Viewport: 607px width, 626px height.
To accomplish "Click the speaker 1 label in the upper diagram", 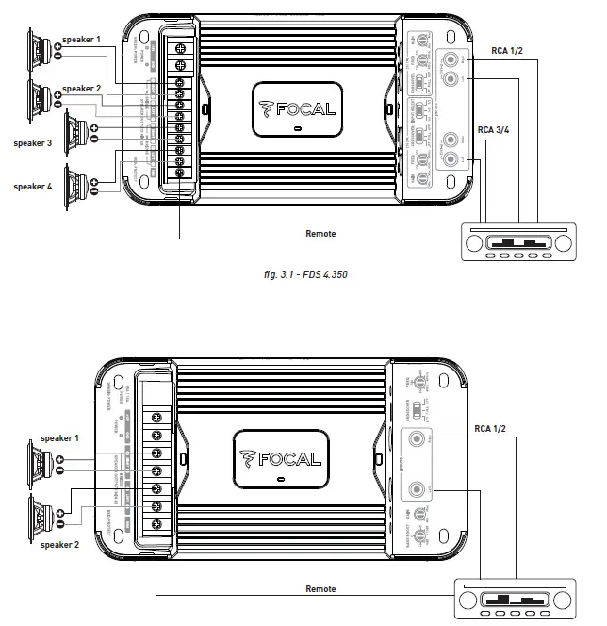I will click(x=81, y=41).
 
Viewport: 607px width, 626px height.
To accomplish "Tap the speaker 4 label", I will click(x=33, y=187).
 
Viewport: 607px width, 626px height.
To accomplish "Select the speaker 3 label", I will click(x=33, y=144).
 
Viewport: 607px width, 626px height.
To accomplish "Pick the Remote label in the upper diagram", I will click(x=321, y=233).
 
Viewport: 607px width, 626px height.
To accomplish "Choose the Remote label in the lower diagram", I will click(x=321, y=588).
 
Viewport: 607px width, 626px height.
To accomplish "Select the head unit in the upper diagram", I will click(x=516, y=240).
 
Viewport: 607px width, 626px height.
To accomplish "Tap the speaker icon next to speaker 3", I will click(x=74, y=132).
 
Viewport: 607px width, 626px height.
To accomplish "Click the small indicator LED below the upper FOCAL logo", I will click(x=296, y=130).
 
